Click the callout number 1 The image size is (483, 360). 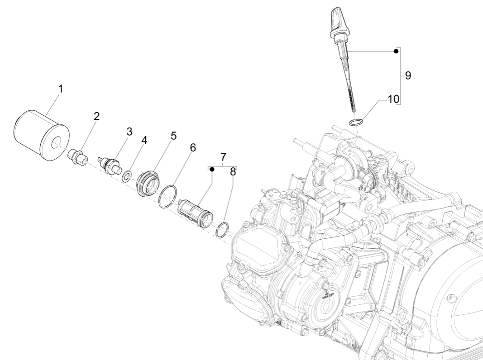pos(61,89)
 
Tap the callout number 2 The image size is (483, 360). pos(97,116)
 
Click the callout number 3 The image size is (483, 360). pos(129,132)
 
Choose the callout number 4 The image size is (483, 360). pos(144,140)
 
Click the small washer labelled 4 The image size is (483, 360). pos(127,177)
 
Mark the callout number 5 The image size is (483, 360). pos(174,135)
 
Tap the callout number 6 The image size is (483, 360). pos(192,148)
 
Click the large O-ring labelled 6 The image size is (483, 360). pos(167,196)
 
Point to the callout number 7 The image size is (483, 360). pos(223,157)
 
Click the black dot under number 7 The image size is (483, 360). pos(212,169)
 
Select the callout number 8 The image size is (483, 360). pos(233,172)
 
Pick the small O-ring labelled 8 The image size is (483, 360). pos(223,230)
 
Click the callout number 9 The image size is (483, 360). pos(408,76)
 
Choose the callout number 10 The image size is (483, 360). pos(393,99)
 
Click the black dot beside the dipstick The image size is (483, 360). pos(396,52)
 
